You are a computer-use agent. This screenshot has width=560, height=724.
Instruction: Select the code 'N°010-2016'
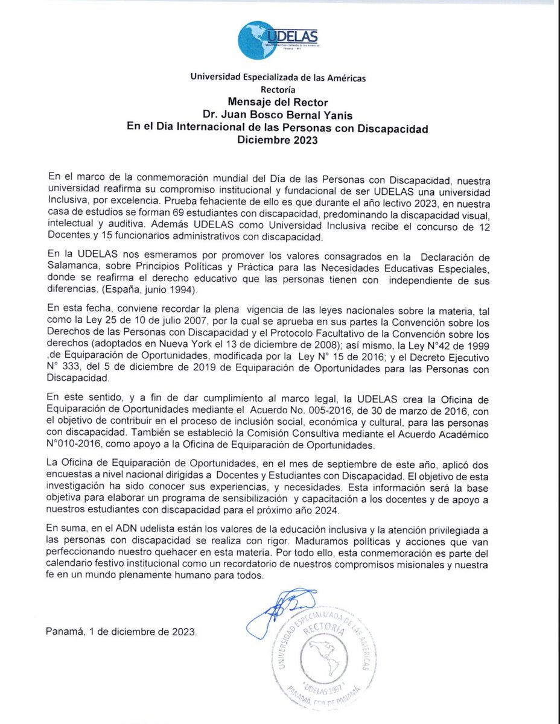coord(74,445)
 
